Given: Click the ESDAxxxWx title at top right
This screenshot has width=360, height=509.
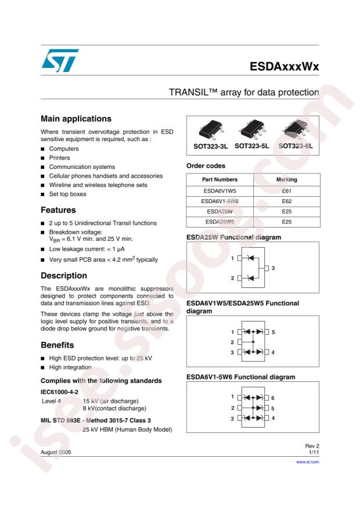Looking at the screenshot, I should coord(285,67).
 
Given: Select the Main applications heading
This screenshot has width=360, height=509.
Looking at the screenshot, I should coord(75,119).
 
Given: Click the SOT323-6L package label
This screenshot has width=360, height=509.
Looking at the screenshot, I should coord(295,146).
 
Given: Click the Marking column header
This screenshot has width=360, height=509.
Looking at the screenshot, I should coord(287,179).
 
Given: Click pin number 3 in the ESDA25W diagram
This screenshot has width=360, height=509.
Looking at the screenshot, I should coord(273,268).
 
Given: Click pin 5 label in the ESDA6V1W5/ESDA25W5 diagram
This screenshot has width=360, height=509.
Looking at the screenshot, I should coord(272,332).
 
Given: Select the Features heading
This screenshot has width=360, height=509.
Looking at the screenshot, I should coord(58,210).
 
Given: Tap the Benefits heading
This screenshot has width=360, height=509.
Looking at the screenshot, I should coord(57,345).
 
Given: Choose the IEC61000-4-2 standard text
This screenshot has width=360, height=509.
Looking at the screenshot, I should coord(61,392).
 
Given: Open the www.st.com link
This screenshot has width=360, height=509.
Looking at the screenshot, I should coord(308,463).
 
